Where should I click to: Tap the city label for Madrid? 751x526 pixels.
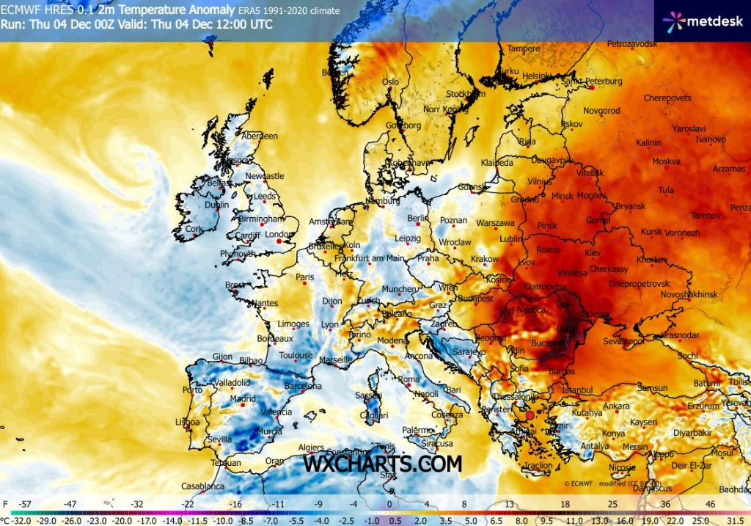coord(243,399)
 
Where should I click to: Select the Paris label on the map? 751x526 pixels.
coord(304,277)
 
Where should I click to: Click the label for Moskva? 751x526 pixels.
coord(666,161)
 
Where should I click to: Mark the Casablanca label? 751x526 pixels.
coord(203,486)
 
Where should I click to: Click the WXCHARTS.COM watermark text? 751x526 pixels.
coord(383,464)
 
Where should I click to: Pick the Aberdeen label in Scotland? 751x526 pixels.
coord(260,136)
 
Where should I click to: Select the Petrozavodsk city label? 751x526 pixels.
coord(632,45)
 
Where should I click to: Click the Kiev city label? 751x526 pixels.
coord(592,252)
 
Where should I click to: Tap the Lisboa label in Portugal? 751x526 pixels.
coord(187,423)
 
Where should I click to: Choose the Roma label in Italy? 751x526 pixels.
coord(409,379)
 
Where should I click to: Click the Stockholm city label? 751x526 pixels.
coord(465,94)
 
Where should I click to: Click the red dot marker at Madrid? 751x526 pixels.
coord(242,404)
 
